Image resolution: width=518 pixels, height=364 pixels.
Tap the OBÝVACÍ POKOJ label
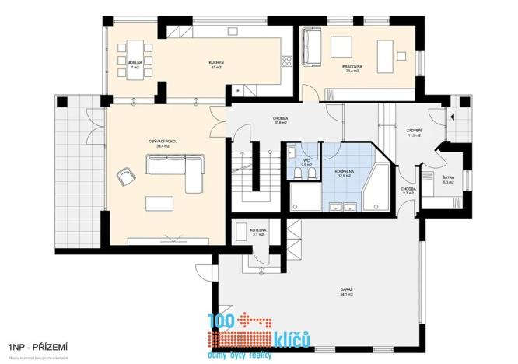tap(163, 140)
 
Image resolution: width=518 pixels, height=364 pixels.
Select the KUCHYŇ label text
tap(216, 61)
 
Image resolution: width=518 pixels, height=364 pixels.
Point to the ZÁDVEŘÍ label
tap(414, 130)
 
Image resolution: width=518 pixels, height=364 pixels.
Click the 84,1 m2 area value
tap(346, 295)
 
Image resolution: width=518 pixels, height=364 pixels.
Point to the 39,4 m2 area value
tap(163, 146)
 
